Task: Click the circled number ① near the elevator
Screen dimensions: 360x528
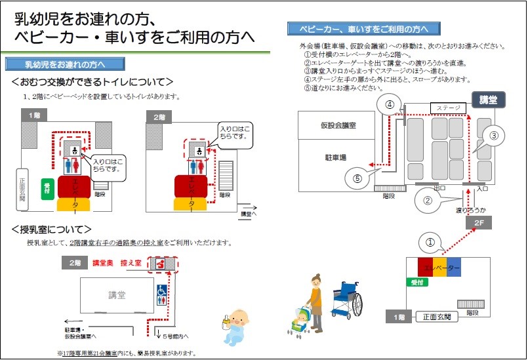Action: (430, 243)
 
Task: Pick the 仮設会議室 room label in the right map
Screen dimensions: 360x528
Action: (338, 125)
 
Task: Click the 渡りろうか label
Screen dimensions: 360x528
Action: (471, 210)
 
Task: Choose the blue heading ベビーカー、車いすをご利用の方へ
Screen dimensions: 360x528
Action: (364, 29)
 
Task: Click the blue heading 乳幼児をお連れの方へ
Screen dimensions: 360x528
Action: (65, 64)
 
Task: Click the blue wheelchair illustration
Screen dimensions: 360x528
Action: (346, 299)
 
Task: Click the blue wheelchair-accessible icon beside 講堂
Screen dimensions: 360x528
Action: (162, 290)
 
